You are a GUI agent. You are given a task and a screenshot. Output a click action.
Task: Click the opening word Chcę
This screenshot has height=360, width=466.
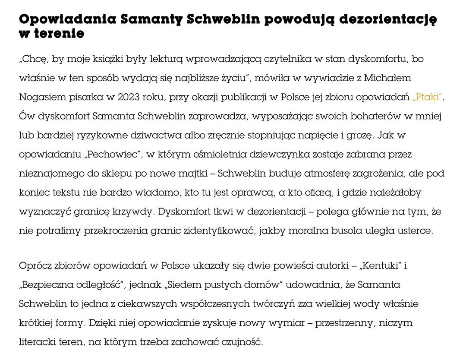[33, 59]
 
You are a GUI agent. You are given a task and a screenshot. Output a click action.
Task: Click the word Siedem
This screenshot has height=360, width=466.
[186, 285]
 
